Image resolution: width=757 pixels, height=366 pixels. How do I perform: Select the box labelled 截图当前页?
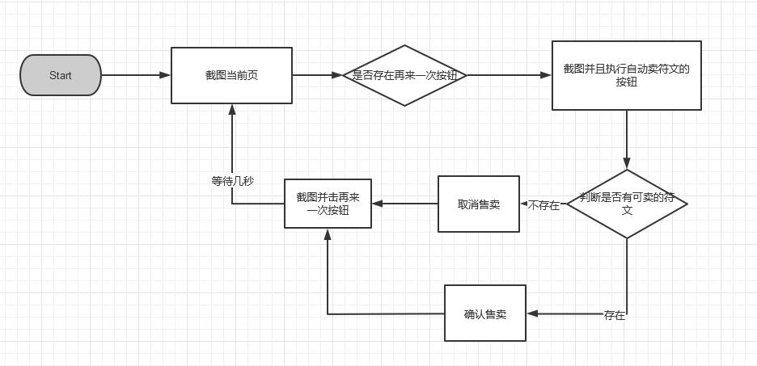(x=231, y=75)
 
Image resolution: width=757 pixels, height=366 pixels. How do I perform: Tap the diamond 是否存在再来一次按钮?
(x=404, y=75)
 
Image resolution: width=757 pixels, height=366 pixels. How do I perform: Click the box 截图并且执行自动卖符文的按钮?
(x=626, y=75)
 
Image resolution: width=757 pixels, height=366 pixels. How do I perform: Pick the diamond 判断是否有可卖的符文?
(x=627, y=204)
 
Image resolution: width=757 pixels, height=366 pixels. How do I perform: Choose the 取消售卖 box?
(x=478, y=204)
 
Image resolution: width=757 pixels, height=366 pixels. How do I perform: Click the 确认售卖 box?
(x=484, y=313)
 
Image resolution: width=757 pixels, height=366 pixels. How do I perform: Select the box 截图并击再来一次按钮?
(x=328, y=204)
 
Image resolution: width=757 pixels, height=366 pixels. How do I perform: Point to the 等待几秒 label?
(x=232, y=181)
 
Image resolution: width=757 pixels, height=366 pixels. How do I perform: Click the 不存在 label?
(x=544, y=205)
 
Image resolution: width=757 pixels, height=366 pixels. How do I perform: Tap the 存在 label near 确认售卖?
(x=615, y=315)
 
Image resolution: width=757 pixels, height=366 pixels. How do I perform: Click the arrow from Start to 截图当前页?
(x=136, y=75)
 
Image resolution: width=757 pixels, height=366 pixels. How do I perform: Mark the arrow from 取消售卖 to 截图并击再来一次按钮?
(x=404, y=204)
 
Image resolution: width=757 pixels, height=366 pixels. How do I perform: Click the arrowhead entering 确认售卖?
(x=531, y=313)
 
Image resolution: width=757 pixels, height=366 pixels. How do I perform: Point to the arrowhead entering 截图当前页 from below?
(x=232, y=109)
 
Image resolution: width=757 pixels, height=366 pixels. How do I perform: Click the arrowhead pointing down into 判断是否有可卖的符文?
(x=627, y=164)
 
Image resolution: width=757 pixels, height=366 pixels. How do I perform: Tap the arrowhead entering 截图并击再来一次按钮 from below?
(x=328, y=233)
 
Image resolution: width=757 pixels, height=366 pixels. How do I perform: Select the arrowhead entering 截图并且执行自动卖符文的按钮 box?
(x=547, y=75)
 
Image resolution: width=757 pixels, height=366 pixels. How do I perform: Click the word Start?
(x=61, y=75)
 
